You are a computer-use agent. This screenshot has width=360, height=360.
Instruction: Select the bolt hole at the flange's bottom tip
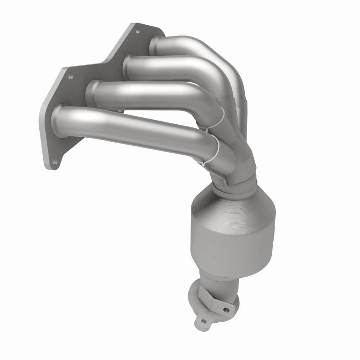click(54, 163)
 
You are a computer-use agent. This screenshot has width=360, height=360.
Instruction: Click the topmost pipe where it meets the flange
click(155, 45)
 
